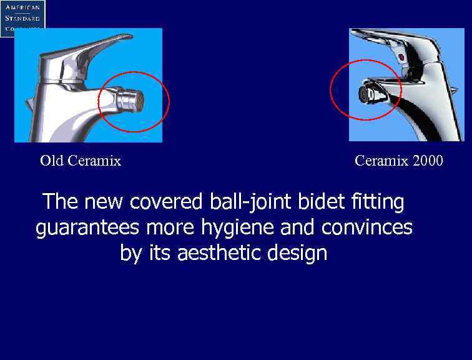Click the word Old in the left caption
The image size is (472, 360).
(x=51, y=161)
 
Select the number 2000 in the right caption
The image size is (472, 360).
(x=428, y=161)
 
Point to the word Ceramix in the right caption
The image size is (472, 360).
(x=381, y=161)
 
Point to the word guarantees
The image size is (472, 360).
(x=89, y=227)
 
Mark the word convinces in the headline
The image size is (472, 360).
(x=367, y=227)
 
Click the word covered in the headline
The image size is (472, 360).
(x=166, y=202)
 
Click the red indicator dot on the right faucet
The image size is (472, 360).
(x=401, y=57)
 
